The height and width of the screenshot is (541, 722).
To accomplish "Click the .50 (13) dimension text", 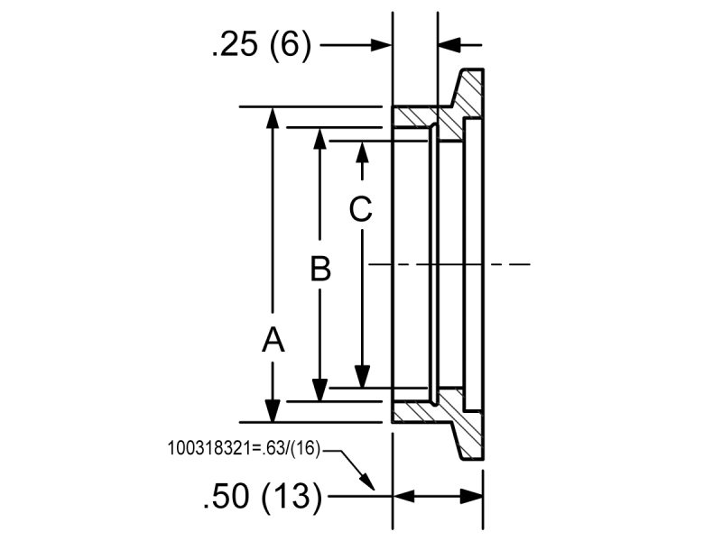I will [263, 496].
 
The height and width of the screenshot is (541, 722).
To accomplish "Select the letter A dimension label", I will [273, 340].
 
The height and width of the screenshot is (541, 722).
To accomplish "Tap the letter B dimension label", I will [320, 268].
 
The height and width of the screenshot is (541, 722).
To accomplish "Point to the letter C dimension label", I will [360, 209].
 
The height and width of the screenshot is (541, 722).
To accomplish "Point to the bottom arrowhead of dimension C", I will [361, 377].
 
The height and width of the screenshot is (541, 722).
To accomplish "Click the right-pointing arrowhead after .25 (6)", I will [382, 44].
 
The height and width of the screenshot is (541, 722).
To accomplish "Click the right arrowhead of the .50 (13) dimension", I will [473, 495].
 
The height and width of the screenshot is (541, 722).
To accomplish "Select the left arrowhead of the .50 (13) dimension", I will [404, 495].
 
